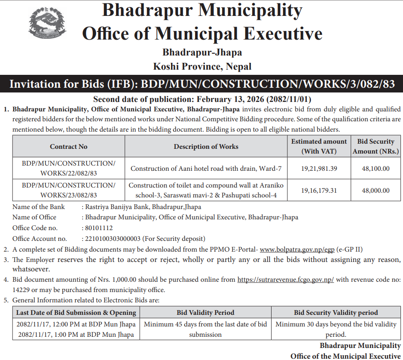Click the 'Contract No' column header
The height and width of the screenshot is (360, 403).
point(68,147)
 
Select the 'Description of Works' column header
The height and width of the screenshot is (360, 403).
point(206,147)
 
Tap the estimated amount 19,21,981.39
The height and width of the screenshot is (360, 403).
point(319,169)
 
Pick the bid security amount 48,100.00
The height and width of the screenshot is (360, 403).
point(376,169)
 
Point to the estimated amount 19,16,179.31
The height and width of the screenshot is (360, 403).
point(319,190)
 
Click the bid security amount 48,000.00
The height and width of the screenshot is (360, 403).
point(376,190)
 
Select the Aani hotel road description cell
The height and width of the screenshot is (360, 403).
point(206,169)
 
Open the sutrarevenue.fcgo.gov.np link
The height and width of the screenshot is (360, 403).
point(285,280)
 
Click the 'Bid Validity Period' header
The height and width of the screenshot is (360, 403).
point(205,313)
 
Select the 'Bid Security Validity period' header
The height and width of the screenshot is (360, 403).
point(336,313)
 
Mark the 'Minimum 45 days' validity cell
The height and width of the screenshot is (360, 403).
point(205,329)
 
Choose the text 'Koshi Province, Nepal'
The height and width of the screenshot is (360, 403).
point(202,67)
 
